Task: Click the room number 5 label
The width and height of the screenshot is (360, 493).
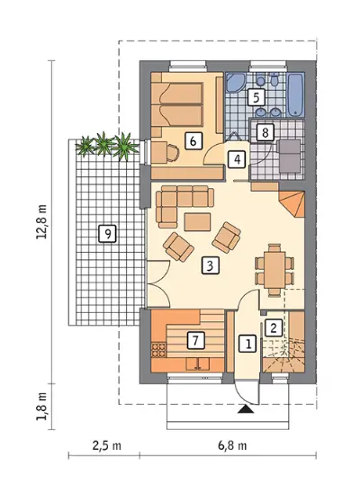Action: [x=256, y=97]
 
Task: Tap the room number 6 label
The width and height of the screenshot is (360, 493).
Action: [x=193, y=140]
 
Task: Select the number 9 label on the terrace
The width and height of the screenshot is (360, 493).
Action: [x=107, y=234]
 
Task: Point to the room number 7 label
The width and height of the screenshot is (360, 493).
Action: [x=196, y=340]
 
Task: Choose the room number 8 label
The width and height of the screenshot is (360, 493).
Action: [x=265, y=132]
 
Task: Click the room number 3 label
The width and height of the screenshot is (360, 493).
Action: [x=210, y=265]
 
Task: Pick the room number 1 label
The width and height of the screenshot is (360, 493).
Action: [x=248, y=344]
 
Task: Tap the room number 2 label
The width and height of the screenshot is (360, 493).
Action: [x=274, y=328]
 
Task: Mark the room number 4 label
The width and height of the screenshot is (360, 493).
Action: [x=238, y=159]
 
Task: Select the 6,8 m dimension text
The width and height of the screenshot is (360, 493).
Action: [x=232, y=445]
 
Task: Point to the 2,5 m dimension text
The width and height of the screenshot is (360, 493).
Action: [x=107, y=445]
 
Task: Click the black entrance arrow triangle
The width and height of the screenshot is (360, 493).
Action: [x=247, y=408]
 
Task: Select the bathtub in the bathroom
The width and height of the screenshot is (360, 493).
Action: [x=295, y=94]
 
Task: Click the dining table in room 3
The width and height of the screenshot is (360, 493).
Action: [x=274, y=270]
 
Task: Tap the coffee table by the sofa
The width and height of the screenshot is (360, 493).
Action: [x=198, y=221]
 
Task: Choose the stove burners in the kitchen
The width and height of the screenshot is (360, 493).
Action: [x=158, y=350]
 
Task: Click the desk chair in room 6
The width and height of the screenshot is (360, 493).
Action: [x=172, y=153]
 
